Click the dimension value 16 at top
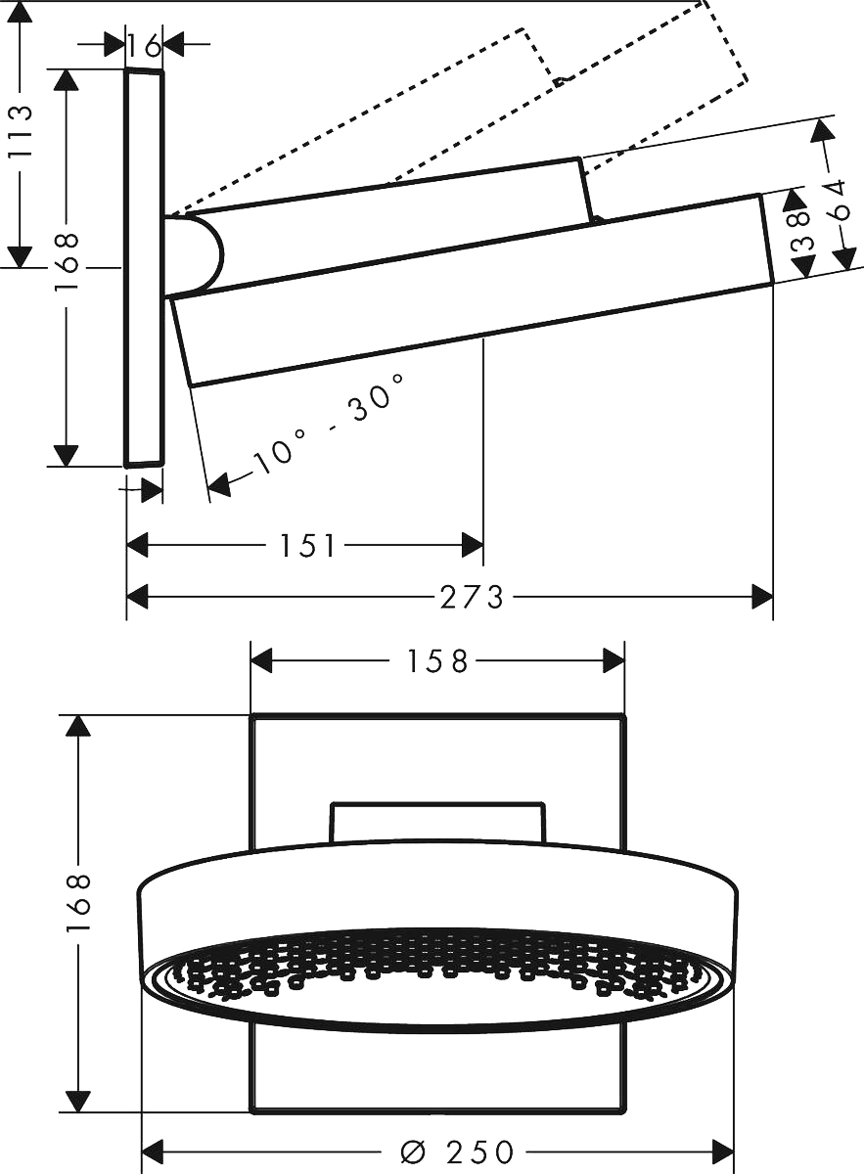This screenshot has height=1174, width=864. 144,44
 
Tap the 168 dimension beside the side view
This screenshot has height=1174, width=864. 67,259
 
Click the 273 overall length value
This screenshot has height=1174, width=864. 471,596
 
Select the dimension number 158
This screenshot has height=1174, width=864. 437,661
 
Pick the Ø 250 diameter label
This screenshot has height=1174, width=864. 457,1152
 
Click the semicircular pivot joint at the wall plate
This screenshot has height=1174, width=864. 196,254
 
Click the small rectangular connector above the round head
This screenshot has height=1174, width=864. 436,822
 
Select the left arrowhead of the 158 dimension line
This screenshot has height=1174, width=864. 261,661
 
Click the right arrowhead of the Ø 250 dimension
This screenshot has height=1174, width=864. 724,1151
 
